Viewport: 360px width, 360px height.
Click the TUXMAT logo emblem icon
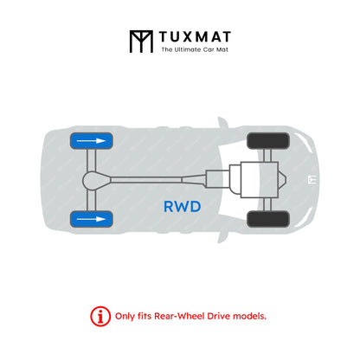click(141, 42)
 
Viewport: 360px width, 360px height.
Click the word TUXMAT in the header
click(195, 37)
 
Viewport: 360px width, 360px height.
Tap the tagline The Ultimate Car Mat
click(195, 49)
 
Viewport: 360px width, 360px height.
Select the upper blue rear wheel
click(92, 141)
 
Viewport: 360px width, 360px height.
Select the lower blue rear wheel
click(92, 219)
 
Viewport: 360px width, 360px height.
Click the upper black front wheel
click(268, 141)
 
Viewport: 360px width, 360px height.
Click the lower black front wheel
click(268, 219)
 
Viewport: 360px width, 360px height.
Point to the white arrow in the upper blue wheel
click(91, 141)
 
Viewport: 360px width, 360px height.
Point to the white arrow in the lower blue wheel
click(91, 219)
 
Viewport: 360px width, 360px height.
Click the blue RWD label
click(183, 207)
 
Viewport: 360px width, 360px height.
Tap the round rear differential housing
click(96, 180)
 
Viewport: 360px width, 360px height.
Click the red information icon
click(100, 317)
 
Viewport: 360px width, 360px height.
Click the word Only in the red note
click(125, 316)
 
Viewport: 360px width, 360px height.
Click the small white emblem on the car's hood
click(312, 180)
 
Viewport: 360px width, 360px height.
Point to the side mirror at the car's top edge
click(222, 123)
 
